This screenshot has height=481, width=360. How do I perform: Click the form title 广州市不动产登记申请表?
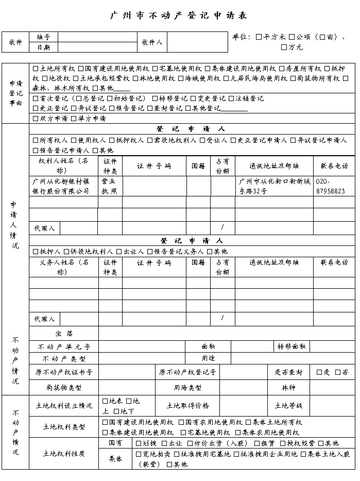[179, 15]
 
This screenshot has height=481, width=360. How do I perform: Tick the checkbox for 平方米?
[259, 37]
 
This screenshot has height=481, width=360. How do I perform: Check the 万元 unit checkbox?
[284, 47]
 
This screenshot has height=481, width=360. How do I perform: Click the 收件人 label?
[152, 42]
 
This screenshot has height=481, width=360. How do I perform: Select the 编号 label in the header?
[43, 37]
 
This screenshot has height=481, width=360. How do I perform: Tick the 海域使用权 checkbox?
[181, 78]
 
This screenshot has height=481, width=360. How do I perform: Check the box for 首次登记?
[36, 98]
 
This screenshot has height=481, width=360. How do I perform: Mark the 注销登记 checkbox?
[231, 98]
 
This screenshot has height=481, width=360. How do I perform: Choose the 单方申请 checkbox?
[74, 119]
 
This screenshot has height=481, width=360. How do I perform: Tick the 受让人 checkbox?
[203, 140]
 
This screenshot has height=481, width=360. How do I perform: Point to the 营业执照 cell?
[109, 186]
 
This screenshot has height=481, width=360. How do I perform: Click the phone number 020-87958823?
[330, 186]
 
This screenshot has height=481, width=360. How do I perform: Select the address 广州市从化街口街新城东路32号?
[274, 186]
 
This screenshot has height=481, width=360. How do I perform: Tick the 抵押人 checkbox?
[36, 252]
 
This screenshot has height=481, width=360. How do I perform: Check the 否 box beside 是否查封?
[338, 372]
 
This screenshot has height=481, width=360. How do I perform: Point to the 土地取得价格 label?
[187, 406]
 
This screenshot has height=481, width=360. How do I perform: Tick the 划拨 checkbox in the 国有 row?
[139, 443]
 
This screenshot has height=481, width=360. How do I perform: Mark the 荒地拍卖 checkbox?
[139, 454]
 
